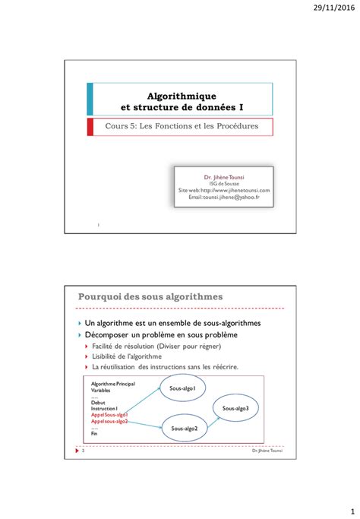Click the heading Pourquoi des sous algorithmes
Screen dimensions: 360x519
click(x=150, y=296)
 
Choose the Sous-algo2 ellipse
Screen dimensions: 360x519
click(x=185, y=429)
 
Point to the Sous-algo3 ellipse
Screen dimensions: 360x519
click(x=235, y=409)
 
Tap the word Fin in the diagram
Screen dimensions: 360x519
click(x=94, y=434)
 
